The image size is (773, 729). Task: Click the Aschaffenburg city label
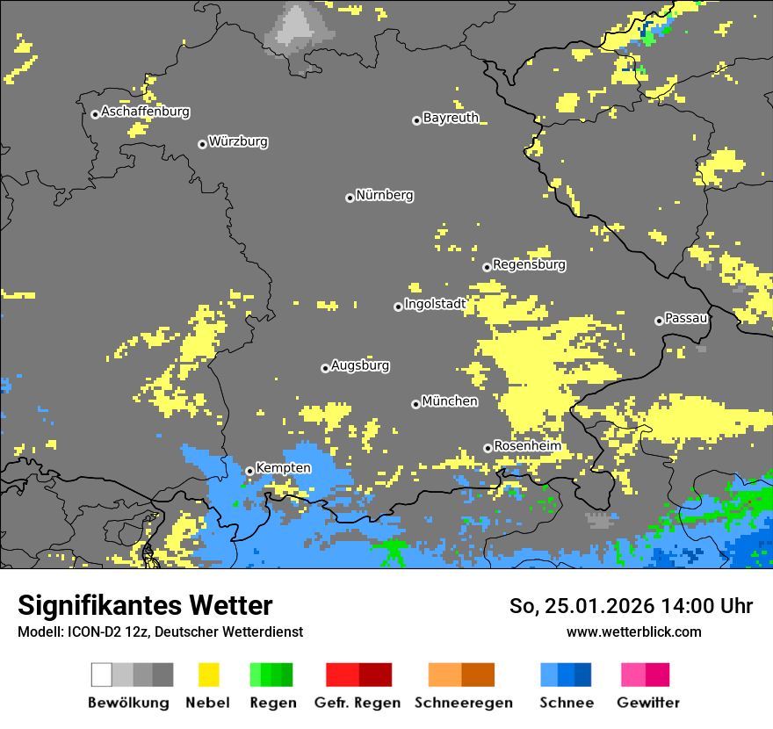pos(145,112)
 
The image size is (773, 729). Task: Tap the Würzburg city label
pos(238,142)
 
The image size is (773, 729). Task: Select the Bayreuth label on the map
pos(451,118)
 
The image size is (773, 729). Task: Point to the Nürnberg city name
pos(385,196)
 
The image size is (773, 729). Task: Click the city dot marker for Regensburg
pos(487,267)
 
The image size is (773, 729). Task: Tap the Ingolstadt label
pos(435,305)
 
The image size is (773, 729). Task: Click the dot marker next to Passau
pos(659,321)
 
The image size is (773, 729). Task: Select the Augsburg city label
pos(360,366)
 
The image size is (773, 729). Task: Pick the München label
pos(450,401)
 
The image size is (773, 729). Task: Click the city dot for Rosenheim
pos(488,448)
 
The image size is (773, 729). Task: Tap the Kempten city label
pos(283,468)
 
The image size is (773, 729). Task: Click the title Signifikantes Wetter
pos(145,606)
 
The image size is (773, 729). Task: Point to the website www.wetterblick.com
pos(633,632)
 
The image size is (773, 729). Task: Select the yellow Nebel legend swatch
pos(208,675)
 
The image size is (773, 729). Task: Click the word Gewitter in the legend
pos(648,703)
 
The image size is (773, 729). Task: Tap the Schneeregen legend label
pos(462,703)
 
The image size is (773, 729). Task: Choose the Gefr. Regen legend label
pos(358,703)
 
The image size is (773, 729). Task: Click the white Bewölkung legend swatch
pos(102,675)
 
